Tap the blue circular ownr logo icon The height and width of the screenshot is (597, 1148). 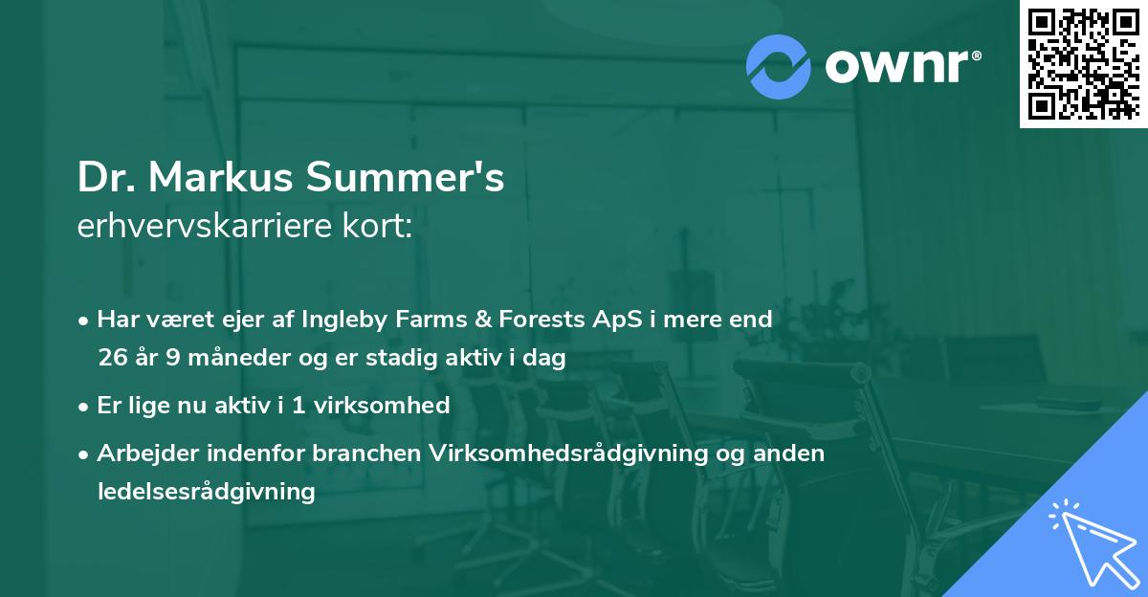tap(779, 67)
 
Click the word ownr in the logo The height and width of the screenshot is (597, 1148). tap(901, 66)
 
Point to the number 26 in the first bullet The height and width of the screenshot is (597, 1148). tap(111, 359)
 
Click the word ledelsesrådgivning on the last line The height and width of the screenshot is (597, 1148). tap(206, 492)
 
